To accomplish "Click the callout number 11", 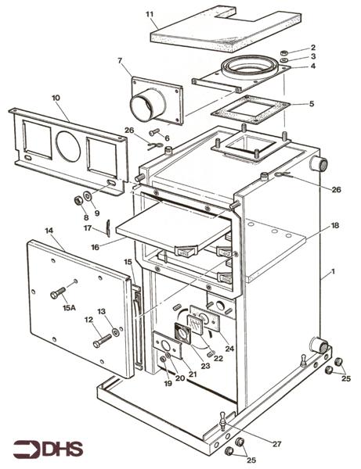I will click(x=150, y=13).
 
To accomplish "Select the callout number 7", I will click(x=121, y=61).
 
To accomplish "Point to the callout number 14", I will click(x=49, y=232).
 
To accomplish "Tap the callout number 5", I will click(x=312, y=103).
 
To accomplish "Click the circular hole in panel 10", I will click(x=69, y=145).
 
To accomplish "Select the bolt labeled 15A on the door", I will click(x=60, y=295).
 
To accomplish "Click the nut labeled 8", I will click(x=78, y=201).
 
